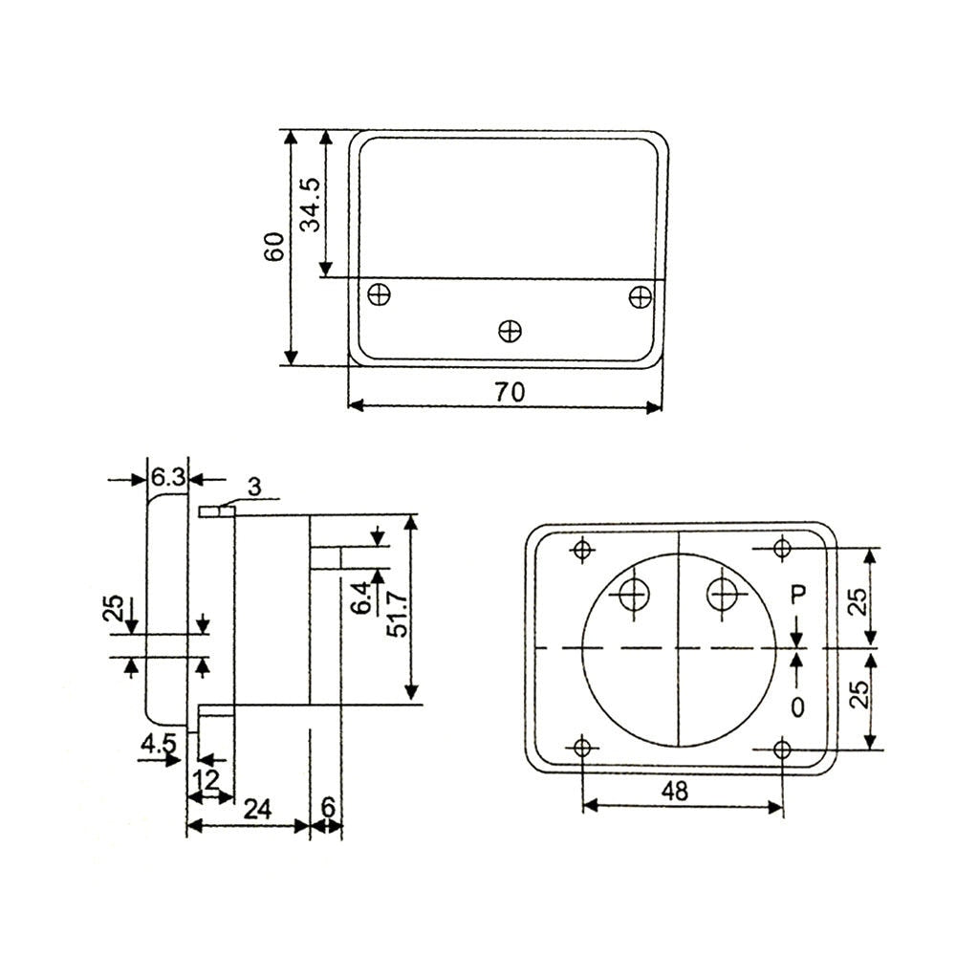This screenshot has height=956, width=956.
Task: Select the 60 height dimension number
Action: click(x=275, y=248)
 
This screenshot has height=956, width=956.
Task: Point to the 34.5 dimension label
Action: click(x=310, y=205)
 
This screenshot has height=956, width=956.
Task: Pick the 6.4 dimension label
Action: click(x=361, y=600)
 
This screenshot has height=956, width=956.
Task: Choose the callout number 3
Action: click(x=253, y=487)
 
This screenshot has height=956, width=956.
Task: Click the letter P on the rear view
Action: click(x=798, y=596)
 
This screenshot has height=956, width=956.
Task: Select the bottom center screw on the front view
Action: click(x=511, y=331)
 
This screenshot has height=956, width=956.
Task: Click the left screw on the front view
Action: click(x=380, y=294)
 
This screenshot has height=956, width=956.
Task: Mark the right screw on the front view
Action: click(x=640, y=297)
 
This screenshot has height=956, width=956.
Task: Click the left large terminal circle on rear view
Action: click(x=633, y=595)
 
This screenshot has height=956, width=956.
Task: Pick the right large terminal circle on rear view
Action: click(x=724, y=595)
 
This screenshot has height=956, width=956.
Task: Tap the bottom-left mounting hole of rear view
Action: click(x=581, y=748)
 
